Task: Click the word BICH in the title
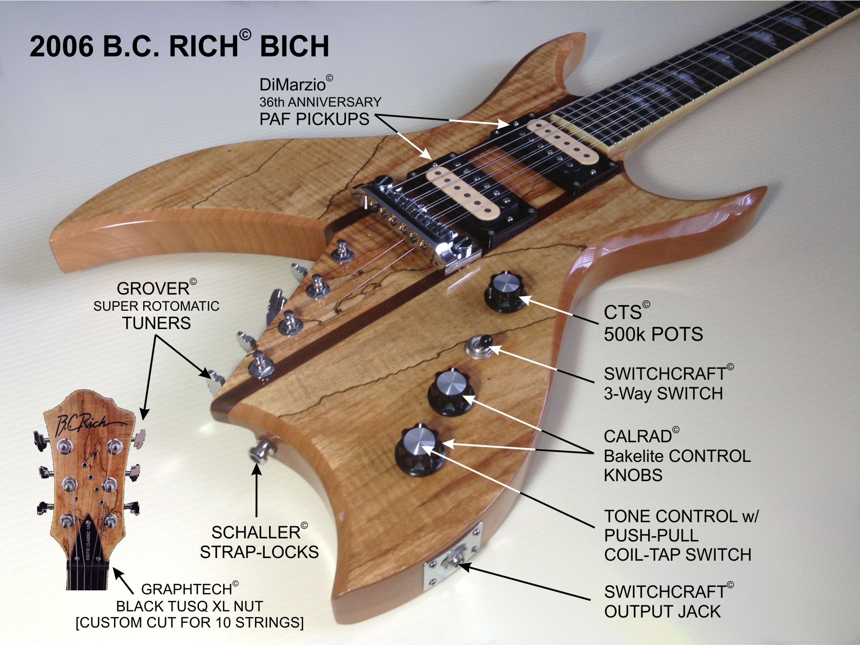tap(294, 46)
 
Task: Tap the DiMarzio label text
tap(292, 84)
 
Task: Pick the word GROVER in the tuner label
tap(153, 289)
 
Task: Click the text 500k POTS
tap(653, 334)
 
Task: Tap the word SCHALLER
tap(256, 533)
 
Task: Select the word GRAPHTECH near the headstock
tap(187, 589)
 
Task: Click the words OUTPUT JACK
tap(662, 611)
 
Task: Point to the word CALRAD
tap(638, 437)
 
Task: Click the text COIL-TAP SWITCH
tap(677, 555)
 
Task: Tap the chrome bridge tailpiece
tap(419, 218)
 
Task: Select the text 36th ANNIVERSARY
tap(320, 102)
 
